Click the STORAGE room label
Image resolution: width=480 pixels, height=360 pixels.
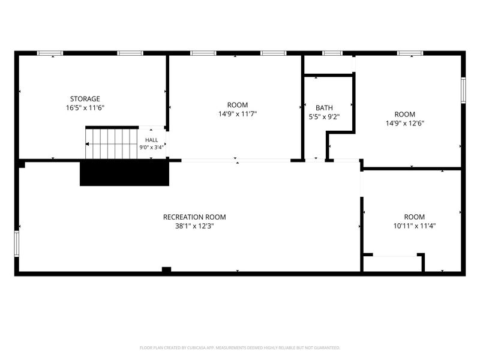coord(85,99)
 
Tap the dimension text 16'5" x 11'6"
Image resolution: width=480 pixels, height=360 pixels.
coord(85,108)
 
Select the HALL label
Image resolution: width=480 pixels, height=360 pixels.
coord(152,140)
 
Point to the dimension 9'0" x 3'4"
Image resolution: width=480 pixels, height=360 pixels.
coord(152,147)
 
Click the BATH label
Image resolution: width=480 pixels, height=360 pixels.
coord(324,108)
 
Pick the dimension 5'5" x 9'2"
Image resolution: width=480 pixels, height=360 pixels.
coord(324,116)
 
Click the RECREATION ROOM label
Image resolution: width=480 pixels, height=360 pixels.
coord(194,217)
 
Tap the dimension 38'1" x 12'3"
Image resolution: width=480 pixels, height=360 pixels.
coord(194,226)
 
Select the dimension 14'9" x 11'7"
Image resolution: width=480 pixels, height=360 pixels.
coord(238,114)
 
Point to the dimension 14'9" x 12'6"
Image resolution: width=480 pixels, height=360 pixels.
coord(404,124)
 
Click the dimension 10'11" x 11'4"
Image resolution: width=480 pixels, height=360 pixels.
coord(415,226)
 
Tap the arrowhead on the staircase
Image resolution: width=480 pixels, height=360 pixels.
coord(87,144)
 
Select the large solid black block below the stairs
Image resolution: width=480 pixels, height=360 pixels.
coord(124,173)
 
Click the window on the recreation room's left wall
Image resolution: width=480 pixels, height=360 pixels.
coord(17,244)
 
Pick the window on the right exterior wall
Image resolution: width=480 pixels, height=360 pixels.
coord(463,91)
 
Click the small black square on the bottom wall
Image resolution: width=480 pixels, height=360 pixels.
coord(166,269)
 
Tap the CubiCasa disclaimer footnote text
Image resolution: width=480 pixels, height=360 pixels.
coord(239,348)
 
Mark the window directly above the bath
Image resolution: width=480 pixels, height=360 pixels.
coord(332,53)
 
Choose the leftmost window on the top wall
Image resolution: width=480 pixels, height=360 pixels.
coord(50,53)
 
